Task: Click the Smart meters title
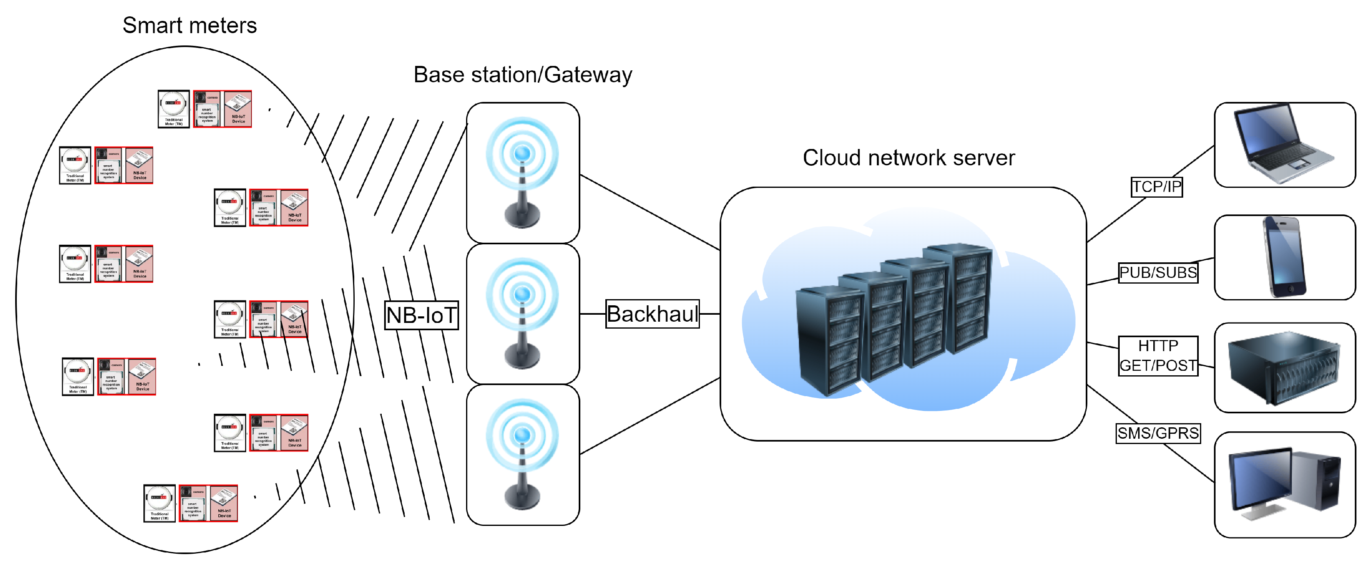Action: click(190, 25)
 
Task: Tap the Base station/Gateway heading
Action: click(523, 74)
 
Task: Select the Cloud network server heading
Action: click(909, 158)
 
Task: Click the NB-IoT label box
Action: click(421, 315)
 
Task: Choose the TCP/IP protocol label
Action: click(1156, 187)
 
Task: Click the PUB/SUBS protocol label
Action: click(1158, 273)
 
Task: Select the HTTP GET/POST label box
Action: click(1158, 356)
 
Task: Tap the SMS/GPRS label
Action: click(1158, 433)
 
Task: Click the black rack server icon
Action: click(1284, 368)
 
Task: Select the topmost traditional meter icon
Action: click(174, 108)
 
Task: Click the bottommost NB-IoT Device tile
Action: click(224, 503)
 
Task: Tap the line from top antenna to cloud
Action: click(650, 212)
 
